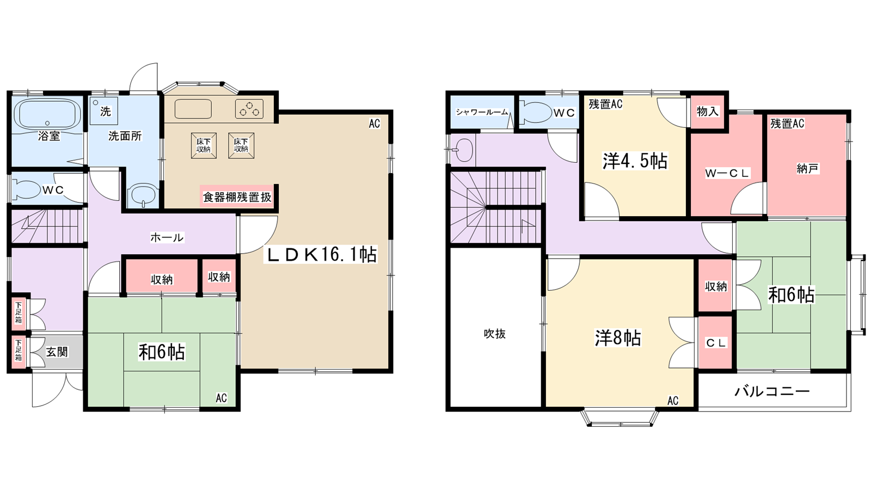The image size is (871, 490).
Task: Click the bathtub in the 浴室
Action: click(x=47, y=114)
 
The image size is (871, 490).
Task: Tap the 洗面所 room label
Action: click(x=125, y=136)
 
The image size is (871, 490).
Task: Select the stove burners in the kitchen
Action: click(x=249, y=109)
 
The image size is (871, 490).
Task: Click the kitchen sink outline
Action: click(x=193, y=109)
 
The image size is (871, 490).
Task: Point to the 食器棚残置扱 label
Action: click(x=237, y=197)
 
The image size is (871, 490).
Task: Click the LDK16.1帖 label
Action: click(x=321, y=255)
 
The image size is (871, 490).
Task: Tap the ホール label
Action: click(x=167, y=237)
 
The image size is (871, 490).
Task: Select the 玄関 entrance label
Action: click(x=57, y=352)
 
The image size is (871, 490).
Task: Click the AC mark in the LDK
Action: click(x=374, y=124)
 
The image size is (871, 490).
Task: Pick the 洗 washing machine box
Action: click(x=105, y=111)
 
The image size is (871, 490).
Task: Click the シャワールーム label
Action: click(x=482, y=112)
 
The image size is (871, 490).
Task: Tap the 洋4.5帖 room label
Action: click(x=634, y=161)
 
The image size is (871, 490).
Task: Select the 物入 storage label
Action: click(x=707, y=112)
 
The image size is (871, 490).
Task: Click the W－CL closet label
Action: click(x=727, y=174)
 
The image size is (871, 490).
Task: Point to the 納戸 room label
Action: click(x=807, y=169)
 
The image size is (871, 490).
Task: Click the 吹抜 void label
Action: click(x=494, y=334)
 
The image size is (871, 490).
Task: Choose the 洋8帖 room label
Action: click(x=617, y=338)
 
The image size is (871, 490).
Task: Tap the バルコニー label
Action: click(x=772, y=391)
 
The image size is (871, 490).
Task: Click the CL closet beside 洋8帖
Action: click(x=715, y=343)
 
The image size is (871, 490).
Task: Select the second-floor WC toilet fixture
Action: click(x=536, y=112)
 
